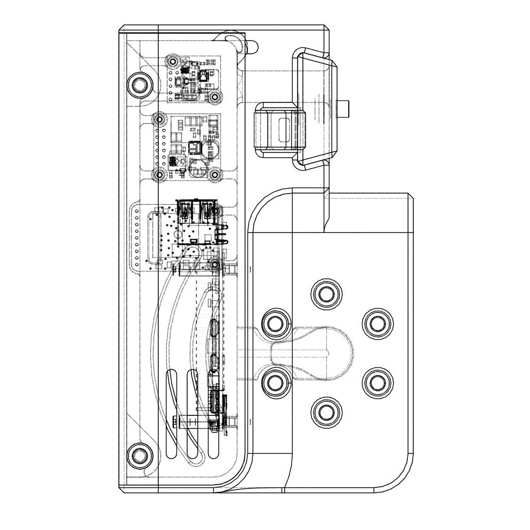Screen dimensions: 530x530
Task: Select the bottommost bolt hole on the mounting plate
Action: tap(324, 411)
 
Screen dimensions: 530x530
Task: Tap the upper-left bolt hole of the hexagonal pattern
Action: tap(275, 323)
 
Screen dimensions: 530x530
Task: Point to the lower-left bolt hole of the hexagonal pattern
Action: tap(275, 382)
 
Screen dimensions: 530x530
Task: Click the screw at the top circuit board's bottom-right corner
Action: tap(215, 97)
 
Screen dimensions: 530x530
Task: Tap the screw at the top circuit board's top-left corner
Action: tap(173, 58)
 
